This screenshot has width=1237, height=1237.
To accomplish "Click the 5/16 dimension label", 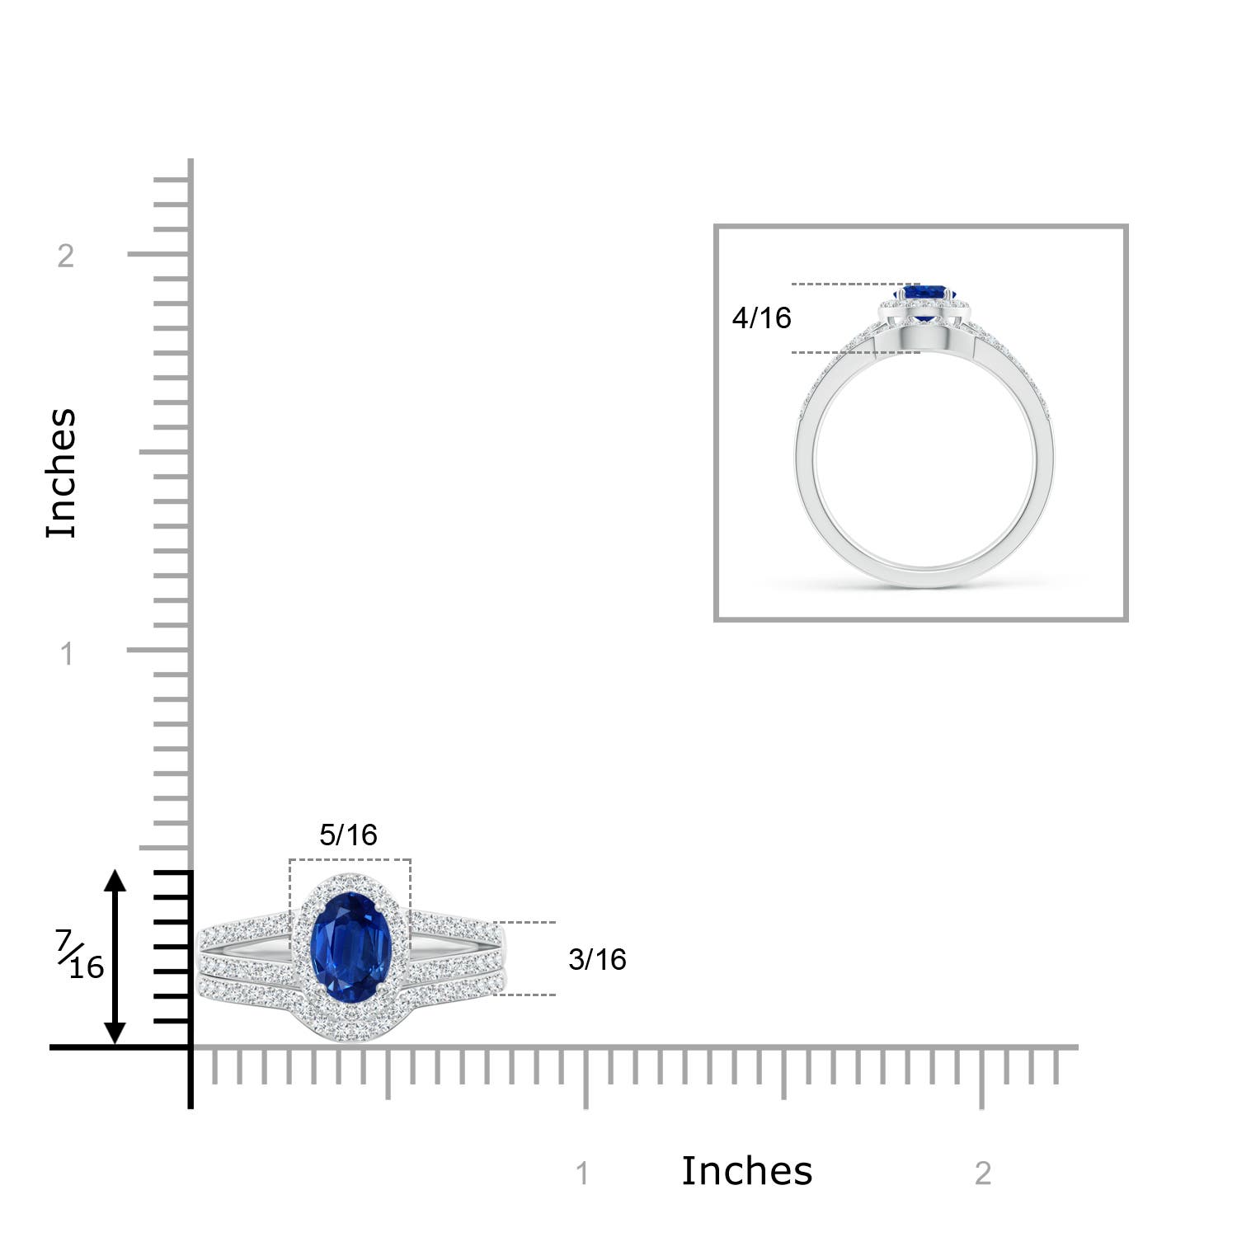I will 348,835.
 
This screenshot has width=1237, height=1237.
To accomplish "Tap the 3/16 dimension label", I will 597,960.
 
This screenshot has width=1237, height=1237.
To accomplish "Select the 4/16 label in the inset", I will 761,318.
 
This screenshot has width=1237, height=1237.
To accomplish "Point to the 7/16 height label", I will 81,955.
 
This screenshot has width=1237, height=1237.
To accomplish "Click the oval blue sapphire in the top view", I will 350,949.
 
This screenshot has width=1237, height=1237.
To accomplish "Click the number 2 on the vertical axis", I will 66,256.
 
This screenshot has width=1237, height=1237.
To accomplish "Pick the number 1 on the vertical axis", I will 67,655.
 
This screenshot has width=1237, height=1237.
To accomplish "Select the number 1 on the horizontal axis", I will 582,1174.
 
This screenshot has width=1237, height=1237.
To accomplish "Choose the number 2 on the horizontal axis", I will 982,1174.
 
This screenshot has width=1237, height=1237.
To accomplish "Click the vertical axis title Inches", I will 62,473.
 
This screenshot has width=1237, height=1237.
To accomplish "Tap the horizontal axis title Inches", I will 746,1171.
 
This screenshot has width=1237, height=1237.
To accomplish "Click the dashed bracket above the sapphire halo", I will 350,860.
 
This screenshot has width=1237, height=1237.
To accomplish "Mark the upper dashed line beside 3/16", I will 524,923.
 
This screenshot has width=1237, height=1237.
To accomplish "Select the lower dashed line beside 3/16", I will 524,995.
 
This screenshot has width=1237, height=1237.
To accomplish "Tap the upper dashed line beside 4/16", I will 849,285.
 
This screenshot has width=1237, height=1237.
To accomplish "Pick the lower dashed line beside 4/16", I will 849,353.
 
